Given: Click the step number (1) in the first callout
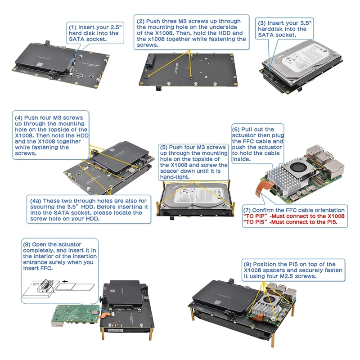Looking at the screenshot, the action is click(72, 27).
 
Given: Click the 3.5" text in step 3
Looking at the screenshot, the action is click(304, 23).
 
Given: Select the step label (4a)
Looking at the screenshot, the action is click(36, 201).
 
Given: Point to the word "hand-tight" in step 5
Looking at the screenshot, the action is click(175, 177).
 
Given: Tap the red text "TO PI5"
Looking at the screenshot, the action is click(255, 222).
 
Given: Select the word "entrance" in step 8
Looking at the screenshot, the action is click(34, 262).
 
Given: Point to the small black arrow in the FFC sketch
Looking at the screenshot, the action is click(65, 281).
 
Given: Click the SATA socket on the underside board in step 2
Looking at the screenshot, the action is click(151, 61).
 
